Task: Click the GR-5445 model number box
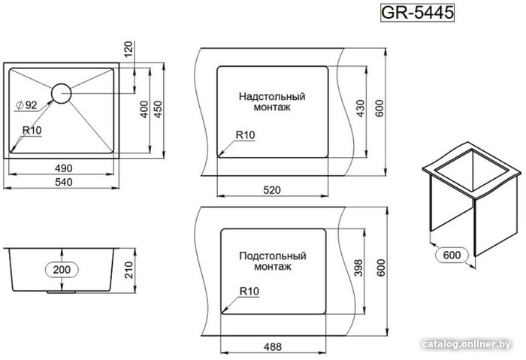417,13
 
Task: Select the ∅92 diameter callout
26,105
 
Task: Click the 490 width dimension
63,168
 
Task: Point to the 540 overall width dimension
63,182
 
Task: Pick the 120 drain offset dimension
128,49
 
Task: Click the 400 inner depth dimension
144,109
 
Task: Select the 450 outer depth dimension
158,109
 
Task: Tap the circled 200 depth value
62,269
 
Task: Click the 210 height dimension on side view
128,270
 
